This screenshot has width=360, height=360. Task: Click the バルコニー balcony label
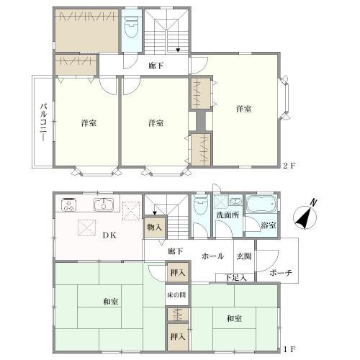click(x=43, y=122)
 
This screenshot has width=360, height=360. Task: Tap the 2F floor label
click(x=289, y=166)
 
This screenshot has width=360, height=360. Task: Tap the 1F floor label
click(x=289, y=349)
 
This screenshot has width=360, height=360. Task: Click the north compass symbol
click(x=305, y=215)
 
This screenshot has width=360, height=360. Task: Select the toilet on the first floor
click(x=201, y=204)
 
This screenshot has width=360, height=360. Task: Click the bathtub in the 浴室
click(x=261, y=204)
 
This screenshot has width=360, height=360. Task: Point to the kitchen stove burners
click(x=69, y=204)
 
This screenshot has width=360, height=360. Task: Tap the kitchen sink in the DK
click(x=104, y=204)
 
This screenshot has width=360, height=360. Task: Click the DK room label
click(x=109, y=235)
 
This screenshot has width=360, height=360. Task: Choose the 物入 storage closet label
click(x=155, y=227)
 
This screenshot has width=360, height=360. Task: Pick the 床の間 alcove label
click(x=176, y=294)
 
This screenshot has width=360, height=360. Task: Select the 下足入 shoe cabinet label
click(x=235, y=278)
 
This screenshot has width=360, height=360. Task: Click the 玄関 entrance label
click(x=244, y=256)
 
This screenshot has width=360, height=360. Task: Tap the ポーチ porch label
click(x=281, y=273)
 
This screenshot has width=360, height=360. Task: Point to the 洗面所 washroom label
click(x=228, y=215)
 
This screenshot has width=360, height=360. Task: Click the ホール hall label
click(x=212, y=256)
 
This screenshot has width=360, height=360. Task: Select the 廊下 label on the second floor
click(x=156, y=66)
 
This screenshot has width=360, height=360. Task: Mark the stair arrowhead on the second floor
click(x=178, y=50)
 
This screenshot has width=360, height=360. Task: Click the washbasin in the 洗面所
click(x=236, y=201)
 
